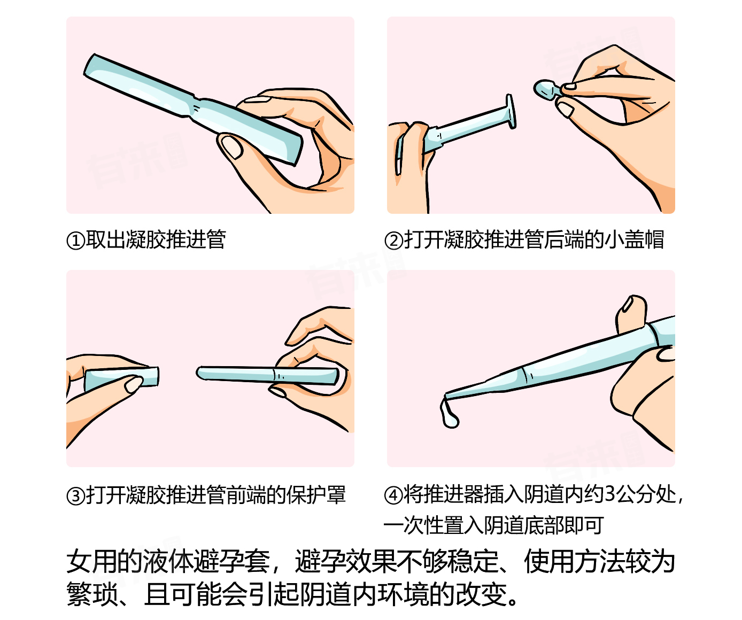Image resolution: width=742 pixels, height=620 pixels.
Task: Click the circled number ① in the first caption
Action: (76, 241)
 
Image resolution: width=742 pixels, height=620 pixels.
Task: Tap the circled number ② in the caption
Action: (394, 241)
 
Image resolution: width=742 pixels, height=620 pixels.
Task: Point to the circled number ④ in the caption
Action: (394, 495)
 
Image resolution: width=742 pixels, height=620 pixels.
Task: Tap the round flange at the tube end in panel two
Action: (511, 111)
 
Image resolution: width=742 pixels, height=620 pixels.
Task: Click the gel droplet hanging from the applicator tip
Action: (450, 414)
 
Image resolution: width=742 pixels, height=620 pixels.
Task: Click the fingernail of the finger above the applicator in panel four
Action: (628, 305)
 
